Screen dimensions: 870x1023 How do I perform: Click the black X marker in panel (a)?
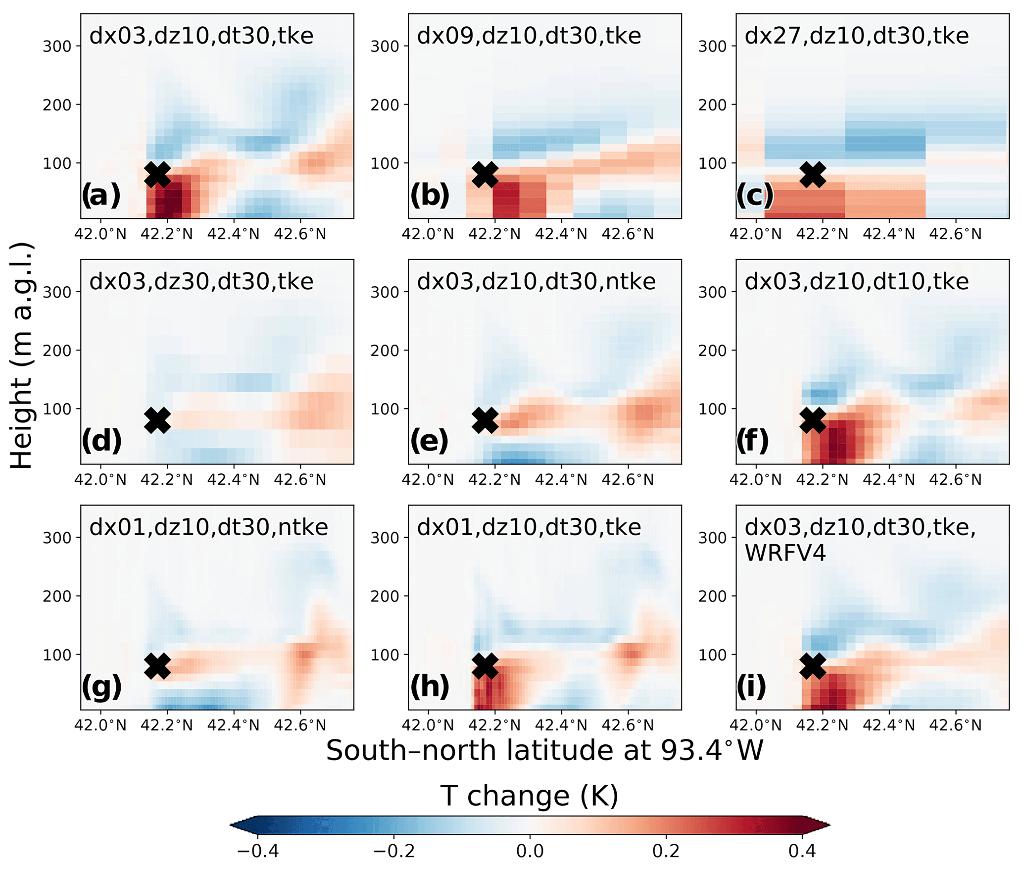click(x=157, y=174)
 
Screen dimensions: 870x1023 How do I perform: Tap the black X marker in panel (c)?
click(x=813, y=174)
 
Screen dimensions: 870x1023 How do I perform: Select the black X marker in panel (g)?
click(x=157, y=665)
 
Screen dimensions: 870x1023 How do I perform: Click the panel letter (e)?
click(x=429, y=441)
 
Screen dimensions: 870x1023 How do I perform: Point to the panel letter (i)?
click(x=751, y=686)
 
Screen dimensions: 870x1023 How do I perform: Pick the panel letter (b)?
click(x=430, y=195)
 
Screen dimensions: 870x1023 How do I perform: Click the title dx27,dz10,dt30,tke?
click(x=856, y=36)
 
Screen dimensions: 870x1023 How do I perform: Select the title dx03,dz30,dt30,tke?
click(x=201, y=281)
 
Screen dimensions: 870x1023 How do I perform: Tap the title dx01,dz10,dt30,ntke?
click(x=208, y=527)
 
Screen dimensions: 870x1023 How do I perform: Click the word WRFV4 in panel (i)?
click(x=785, y=553)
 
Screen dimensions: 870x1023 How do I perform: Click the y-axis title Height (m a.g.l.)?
click(x=22, y=356)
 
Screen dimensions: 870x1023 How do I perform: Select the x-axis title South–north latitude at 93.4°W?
click(x=544, y=751)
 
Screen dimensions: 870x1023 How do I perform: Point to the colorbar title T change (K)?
click(x=530, y=796)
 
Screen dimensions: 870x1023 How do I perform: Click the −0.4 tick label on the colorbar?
click(x=258, y=851)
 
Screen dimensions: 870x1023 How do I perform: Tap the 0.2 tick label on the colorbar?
click(x=666, y=851)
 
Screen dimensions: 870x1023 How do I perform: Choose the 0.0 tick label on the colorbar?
click(x=530, y=851)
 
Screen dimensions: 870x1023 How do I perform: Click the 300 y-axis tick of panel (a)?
click(x=57, y=46)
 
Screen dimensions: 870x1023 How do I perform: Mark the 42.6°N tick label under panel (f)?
click(x=955, y=479)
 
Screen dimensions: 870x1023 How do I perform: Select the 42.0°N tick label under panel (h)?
click(x=428, y=725)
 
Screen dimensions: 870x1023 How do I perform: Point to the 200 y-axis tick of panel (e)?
click(x=385, y=351)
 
